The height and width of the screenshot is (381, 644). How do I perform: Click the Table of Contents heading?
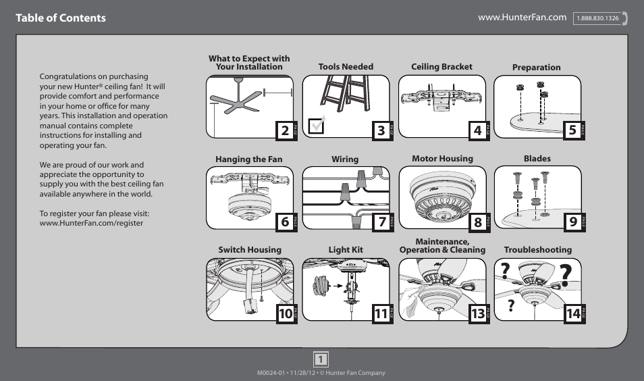(61, 18)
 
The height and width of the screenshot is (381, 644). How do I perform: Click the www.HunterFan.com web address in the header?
(522, 18)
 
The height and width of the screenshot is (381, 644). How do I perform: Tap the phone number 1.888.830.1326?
(597, 19)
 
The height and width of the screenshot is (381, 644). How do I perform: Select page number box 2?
(285, 131)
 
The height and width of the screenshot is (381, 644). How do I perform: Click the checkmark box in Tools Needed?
(315, 126)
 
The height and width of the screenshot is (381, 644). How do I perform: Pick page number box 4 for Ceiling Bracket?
(477, 131)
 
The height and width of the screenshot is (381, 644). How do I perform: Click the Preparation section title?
(536, 68)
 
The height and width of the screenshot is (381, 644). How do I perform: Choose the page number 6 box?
(285, 222)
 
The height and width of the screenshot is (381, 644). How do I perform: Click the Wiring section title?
(344, 159)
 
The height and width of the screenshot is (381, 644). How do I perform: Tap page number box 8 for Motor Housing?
(477, 222)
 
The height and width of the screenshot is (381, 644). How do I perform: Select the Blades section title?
(537, 159)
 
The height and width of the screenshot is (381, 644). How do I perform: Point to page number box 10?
(285, 313)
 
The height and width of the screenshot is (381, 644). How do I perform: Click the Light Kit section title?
(345, 250)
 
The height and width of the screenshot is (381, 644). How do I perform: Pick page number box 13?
(477, 313)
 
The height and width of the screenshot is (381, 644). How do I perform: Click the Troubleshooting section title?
(537, 250)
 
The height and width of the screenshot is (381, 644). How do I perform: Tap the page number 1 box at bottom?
(321, 359)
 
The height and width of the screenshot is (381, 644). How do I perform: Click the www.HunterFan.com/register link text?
(91, 223)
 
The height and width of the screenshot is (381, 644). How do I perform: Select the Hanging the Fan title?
(248, 159)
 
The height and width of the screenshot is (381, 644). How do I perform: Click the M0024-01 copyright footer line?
(321, 373)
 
